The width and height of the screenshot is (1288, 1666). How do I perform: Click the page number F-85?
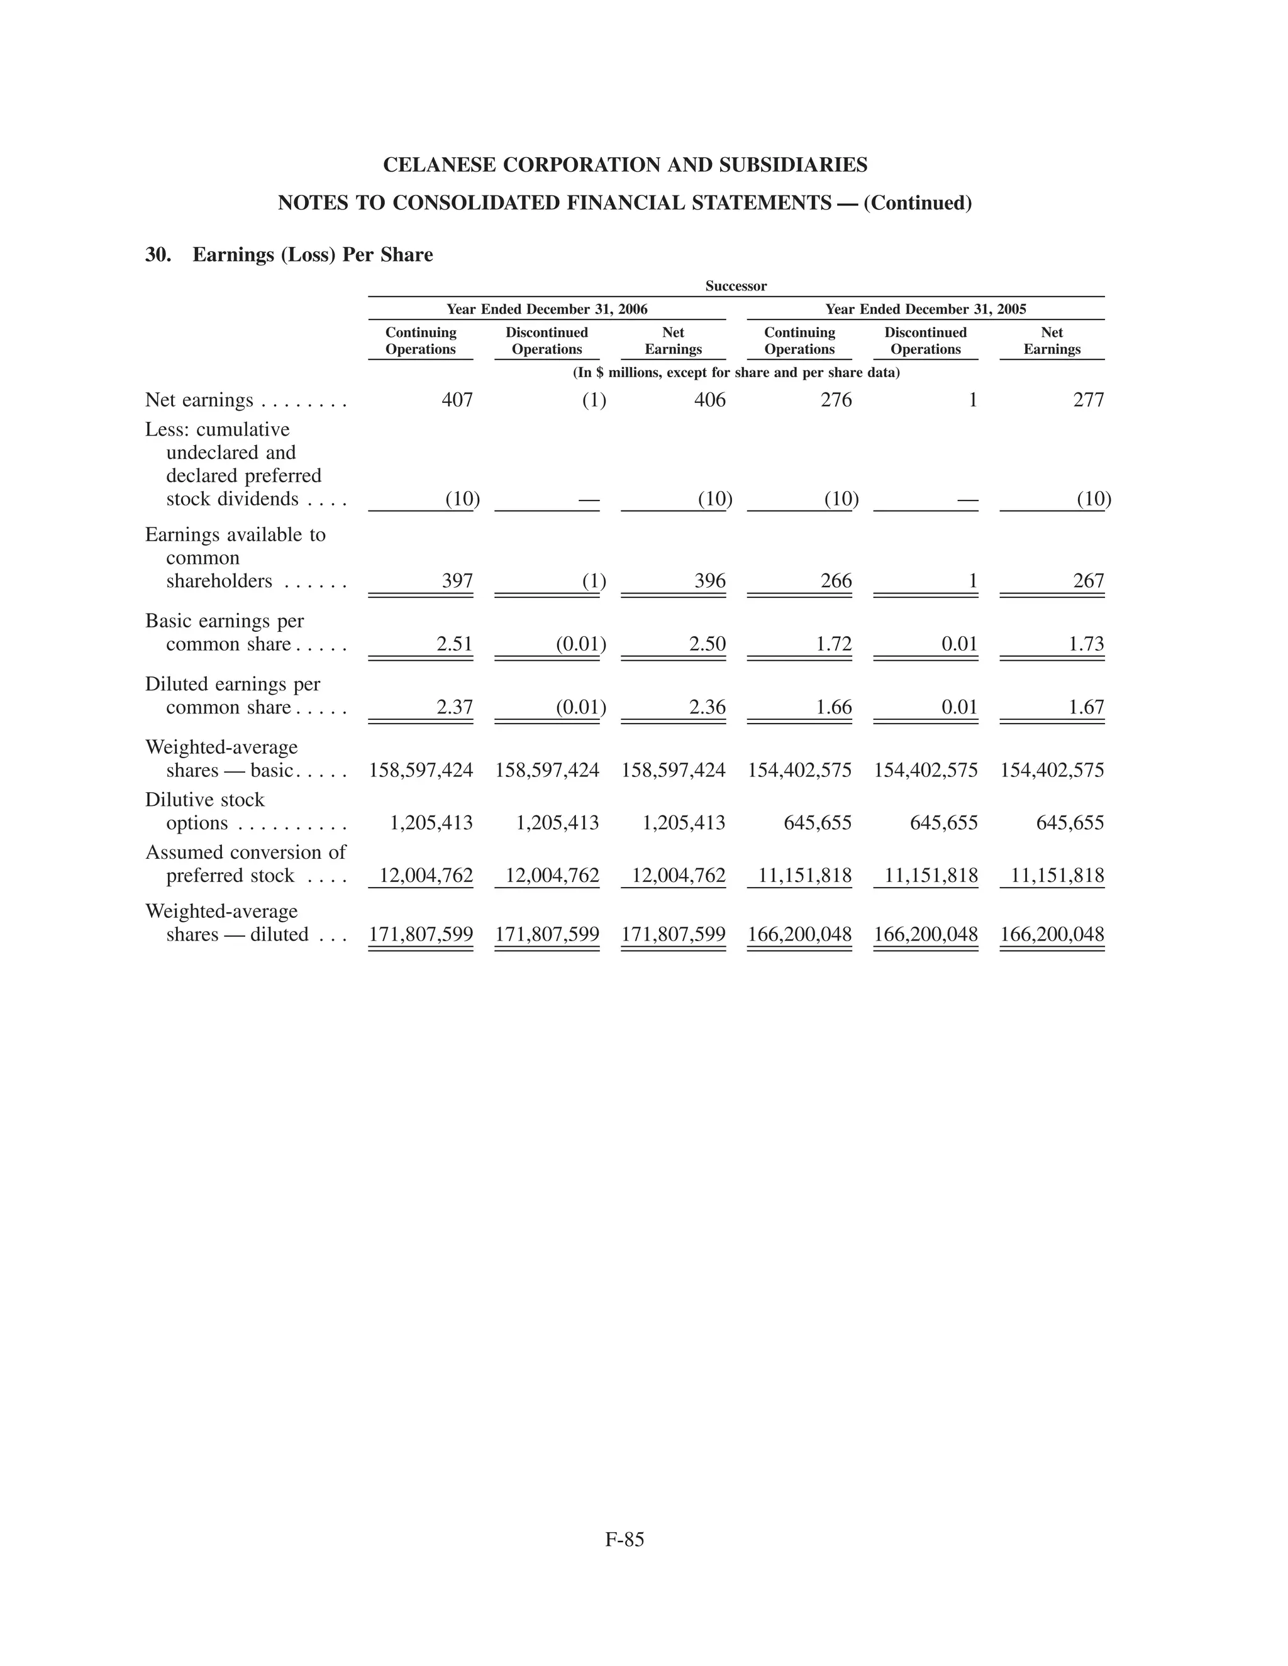624,1540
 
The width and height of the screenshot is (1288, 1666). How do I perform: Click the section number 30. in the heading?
158,255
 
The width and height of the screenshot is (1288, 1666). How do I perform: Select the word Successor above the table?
736,286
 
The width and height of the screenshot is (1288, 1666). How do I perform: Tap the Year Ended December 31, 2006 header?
547,309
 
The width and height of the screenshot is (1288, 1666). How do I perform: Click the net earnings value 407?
457,400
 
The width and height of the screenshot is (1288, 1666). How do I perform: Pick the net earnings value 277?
1088,400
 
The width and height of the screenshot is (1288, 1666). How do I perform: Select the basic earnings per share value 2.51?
454,644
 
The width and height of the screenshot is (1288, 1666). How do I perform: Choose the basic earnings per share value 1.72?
833,644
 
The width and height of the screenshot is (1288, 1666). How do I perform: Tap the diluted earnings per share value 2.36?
708,707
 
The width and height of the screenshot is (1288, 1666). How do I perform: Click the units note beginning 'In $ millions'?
736,373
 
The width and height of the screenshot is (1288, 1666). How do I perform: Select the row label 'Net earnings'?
199,400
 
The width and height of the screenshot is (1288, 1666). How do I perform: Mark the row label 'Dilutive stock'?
204,800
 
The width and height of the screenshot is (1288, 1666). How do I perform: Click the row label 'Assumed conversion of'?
245,852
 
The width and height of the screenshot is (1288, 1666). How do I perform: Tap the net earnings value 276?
836,400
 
